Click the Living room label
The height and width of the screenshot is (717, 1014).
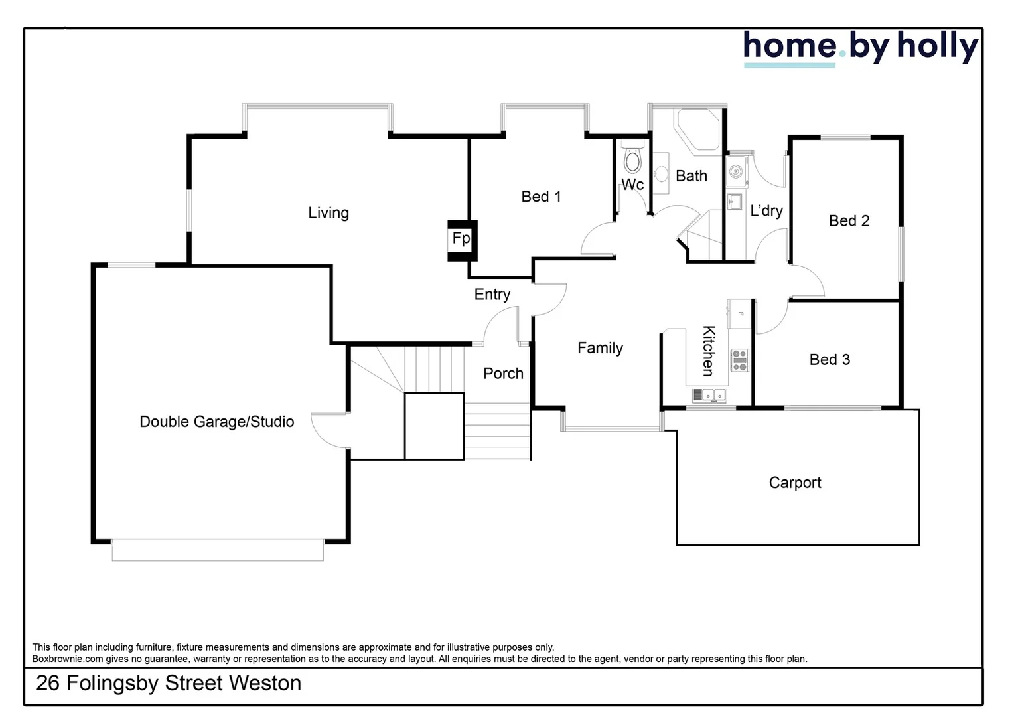tap(328, 213)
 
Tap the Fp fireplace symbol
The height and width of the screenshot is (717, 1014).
tap(461, 239)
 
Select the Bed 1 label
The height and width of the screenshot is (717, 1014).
tap(541, 197)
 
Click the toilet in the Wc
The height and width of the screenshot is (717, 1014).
tap(633, 160)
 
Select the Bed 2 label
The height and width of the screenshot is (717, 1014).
tap(849, 221)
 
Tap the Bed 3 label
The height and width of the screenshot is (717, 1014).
tap(830, 360)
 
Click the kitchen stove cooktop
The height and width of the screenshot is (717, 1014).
tap(739, 360)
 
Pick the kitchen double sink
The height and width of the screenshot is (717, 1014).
tap(709, 396)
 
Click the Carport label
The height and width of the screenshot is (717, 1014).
tap(794, 483)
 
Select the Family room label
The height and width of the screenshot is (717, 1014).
tap(600, 348)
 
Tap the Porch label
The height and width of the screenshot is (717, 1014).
tap(503, 374)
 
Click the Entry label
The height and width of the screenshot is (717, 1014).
tap(492, 295)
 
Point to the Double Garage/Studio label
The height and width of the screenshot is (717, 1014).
tap(216, 422)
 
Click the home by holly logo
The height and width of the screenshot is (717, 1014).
tap(860, 48)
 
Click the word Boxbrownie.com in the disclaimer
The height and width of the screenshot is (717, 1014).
tap(68, 659)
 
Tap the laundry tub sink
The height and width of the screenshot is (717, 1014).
tap(735, 201)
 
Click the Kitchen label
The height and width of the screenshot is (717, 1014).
tap(709, 351)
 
